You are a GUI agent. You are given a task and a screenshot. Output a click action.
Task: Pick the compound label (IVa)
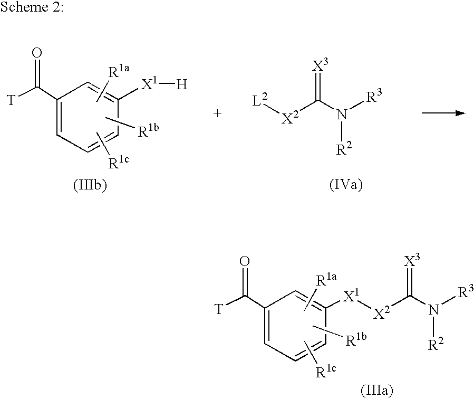click(344, 186)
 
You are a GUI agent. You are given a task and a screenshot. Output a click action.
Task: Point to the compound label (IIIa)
click(376, 391)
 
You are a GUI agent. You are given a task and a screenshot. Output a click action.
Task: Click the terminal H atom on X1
click(181, 84)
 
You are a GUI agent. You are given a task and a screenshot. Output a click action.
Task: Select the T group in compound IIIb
click(12, 100)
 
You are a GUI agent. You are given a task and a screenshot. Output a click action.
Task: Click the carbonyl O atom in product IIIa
click(244, 261)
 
